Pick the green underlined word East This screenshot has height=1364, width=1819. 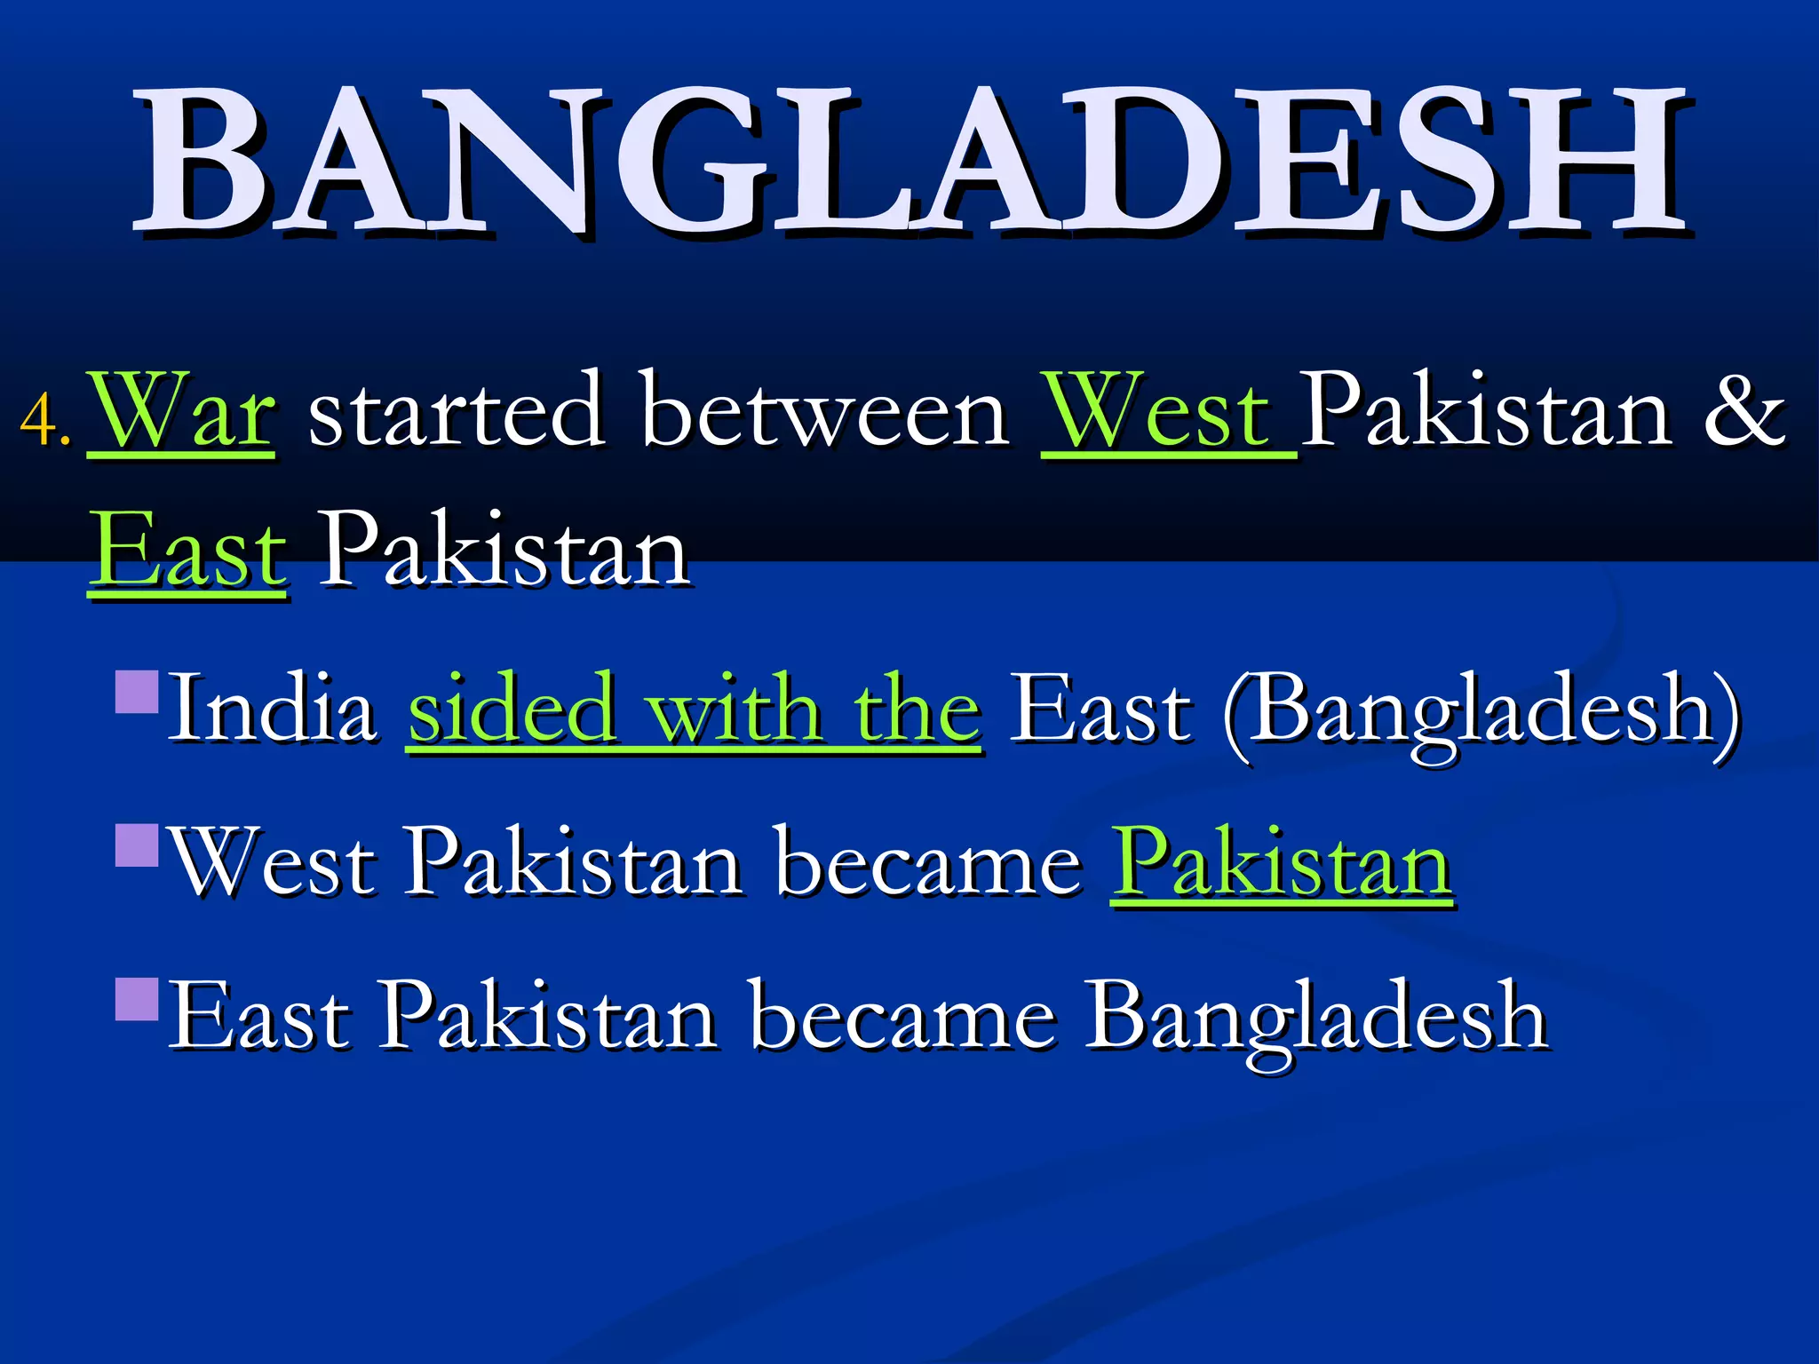(188, 552)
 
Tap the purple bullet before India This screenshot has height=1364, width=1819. (138, 693)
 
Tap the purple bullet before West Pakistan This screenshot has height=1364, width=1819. (138, 845)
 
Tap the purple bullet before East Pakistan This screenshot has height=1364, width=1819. (138, 999)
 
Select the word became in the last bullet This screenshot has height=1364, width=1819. (902, 1017)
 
